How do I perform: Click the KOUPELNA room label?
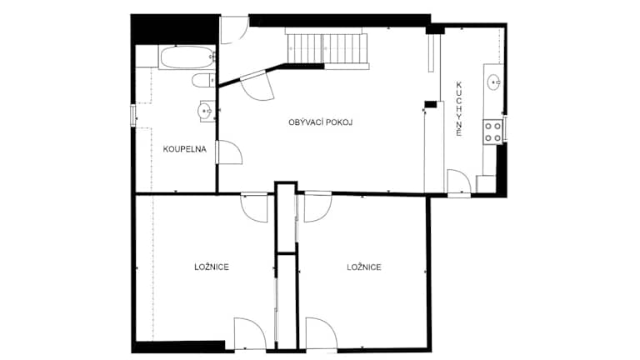pos(184,149)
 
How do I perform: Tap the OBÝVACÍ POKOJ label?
pos(320,122)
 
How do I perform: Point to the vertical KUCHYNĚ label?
pos(459,109)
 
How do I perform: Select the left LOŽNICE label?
pos(212,267)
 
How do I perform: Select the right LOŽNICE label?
pos(364,267)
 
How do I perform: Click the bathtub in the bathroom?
pos(187,57)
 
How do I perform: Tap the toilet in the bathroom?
pos(203,80)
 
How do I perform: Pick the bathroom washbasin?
pos(206,111)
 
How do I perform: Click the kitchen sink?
pos(494,82)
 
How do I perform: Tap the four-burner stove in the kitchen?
pos(492,132)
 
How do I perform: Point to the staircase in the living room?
pos(327,48)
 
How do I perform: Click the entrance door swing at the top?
pos(234,30)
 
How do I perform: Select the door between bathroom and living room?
pos(230,152)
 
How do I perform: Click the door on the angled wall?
pos(257,86)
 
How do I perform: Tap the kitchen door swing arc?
pos(459,182)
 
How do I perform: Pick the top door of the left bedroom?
pos(254,207)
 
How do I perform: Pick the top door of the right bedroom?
pos(317,207)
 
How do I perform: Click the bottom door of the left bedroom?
pos(250,333)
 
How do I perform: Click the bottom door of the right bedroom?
pos(322,333)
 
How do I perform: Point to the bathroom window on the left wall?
pos(132,115)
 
